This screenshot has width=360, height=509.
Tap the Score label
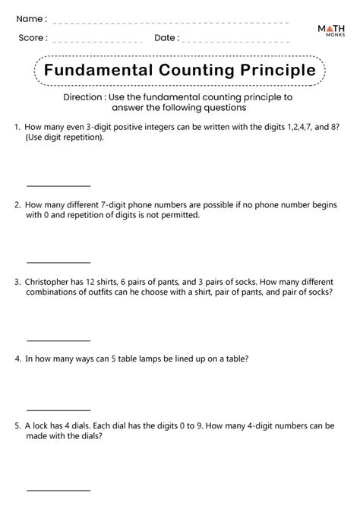tap(32, 37)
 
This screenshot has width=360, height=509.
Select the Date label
tap(166, 37)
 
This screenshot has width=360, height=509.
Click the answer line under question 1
tap(58, 185)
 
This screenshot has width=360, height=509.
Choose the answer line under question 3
tap(58, 340)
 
